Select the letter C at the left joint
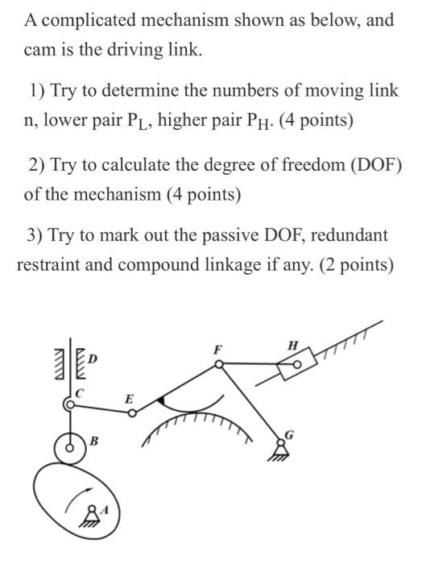coord(79,392)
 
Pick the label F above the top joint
coord(216,350)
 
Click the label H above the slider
coord(295,346)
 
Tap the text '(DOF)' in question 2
coord(374,165)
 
